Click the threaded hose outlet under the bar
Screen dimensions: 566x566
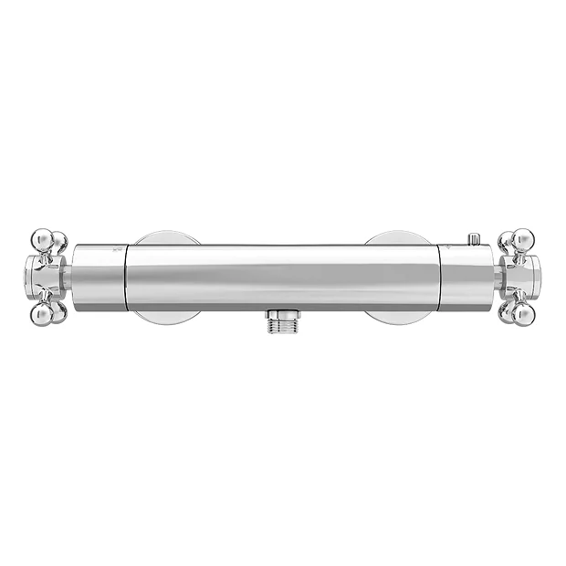(283, 321)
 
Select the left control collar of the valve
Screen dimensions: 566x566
(97, 277)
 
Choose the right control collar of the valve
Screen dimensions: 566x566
(467, 277)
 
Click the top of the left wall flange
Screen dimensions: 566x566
(166, 237)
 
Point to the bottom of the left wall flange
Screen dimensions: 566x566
(166, 317)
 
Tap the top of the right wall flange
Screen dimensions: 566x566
(398, 237)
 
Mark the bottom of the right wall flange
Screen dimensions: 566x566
(398, 317)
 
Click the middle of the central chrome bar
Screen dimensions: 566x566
(283, 277)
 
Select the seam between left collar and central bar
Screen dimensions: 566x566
(123, 277)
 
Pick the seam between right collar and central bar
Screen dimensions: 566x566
(440, 277)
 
